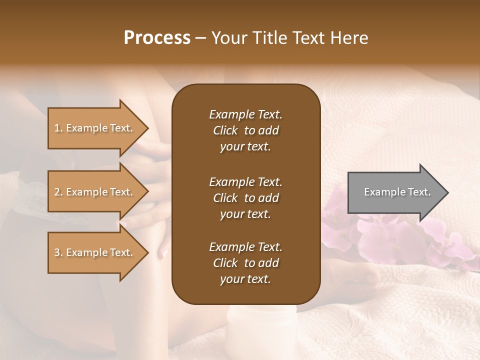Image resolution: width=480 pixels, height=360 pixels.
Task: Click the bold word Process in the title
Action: click(157, 38)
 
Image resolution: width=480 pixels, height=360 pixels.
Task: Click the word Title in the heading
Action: click(269, 38)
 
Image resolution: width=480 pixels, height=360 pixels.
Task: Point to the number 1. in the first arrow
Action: click(58, 128)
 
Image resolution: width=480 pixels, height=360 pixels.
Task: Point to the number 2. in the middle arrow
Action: click(58, 192)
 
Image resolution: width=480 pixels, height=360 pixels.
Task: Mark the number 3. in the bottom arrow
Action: click(58, 253)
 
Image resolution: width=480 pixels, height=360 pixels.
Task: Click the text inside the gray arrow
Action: click(397, 192)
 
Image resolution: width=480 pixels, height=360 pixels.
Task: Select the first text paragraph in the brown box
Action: click(245, 130)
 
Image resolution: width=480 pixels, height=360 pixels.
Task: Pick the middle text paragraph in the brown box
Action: click(245, 198)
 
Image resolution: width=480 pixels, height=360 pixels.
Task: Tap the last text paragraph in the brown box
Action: click(245, 263)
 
